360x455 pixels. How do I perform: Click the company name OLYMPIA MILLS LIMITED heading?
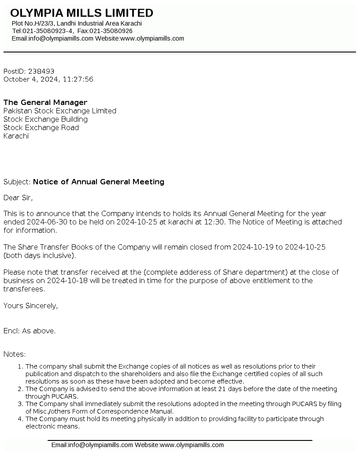[82, 13]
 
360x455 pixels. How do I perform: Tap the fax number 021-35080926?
[111, 31]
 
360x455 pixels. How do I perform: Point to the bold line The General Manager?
[45, 103]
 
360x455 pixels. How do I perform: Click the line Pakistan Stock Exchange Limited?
[60, 111]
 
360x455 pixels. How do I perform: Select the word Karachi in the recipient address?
[16, 136]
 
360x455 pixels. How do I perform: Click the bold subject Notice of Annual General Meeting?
[99, 182]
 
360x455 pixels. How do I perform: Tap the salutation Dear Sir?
[18, 198]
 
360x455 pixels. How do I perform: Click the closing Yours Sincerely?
[30, 306]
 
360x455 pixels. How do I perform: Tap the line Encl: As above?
[30, 331]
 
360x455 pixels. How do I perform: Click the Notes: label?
[15, 354]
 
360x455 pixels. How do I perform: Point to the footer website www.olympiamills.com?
[192, 445]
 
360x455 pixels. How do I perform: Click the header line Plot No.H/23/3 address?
[77, 23]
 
